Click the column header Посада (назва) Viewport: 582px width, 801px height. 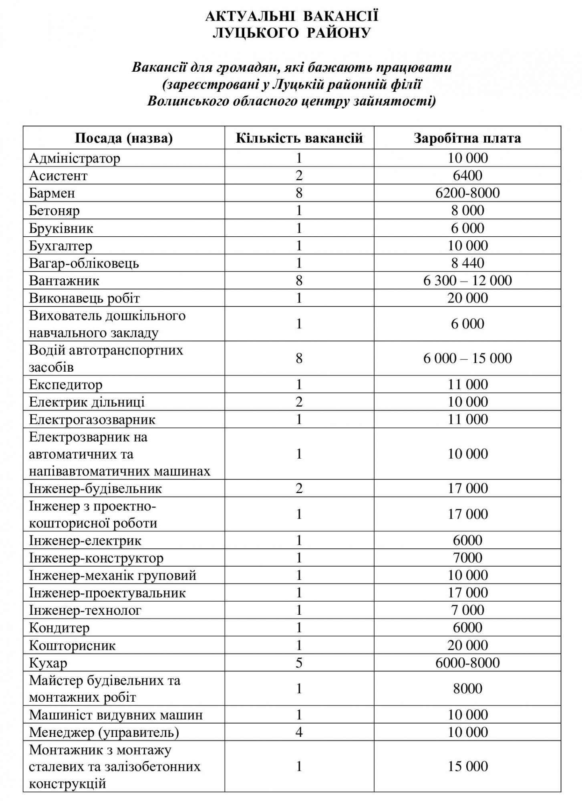click(124, 138)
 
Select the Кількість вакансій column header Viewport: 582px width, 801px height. click(299, 138)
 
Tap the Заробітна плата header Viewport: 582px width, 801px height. click(467, 138)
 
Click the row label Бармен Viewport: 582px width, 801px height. click(52, 193)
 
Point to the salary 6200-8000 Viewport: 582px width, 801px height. click(467, 193)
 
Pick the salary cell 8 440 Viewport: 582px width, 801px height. click(467, 263)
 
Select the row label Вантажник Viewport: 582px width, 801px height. click(64, 280)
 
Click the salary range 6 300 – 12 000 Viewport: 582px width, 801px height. click(467, 280)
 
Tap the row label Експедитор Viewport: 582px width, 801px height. click(66, 384)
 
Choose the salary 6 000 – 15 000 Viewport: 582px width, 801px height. click(467, 358)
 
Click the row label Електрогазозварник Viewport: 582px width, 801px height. click(92, 419)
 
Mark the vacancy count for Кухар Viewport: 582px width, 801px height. click(299, 663)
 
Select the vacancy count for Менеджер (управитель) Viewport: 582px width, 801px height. click(299, 733)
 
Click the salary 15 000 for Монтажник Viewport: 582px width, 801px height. click(467, 766)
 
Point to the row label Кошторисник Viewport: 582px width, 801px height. click(72, 645)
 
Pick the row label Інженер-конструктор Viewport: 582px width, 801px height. click(96, 558)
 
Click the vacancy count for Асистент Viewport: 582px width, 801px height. click(299, 175)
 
